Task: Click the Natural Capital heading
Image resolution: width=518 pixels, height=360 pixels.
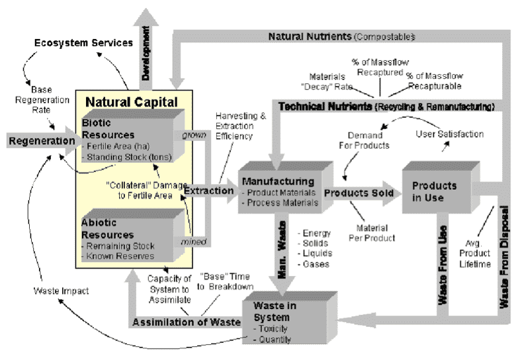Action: click(132, 102)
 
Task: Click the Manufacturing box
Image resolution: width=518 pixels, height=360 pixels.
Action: click(285, 187)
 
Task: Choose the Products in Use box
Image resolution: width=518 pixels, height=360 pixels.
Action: click(441, 187)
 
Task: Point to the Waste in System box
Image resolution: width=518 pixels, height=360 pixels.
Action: click(290, 318)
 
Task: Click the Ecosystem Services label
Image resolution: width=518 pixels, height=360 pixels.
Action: click(83, 43)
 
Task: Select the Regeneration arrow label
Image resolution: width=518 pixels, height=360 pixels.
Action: click(42, 141)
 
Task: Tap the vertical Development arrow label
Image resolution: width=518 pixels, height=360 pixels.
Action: click(146, 53)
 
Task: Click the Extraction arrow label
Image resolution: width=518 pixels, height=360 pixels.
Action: click(209, 191)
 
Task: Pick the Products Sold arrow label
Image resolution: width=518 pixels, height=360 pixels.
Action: click(359, 193)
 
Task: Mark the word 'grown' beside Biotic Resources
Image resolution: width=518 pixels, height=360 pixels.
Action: click(194, 135)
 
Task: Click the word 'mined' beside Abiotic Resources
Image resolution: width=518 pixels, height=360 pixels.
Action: click(194, 242)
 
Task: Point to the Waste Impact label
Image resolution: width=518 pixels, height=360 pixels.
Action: click(61, 291)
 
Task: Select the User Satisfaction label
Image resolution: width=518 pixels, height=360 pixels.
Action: click(450, 134)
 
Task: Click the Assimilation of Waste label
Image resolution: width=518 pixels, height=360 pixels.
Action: click(187, 322)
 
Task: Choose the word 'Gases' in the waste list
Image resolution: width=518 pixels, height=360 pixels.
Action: click(314, 264)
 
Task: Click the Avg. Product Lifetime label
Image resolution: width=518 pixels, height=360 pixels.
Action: click(475, 253)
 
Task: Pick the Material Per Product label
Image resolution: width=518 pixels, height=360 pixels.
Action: click(372, 233)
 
